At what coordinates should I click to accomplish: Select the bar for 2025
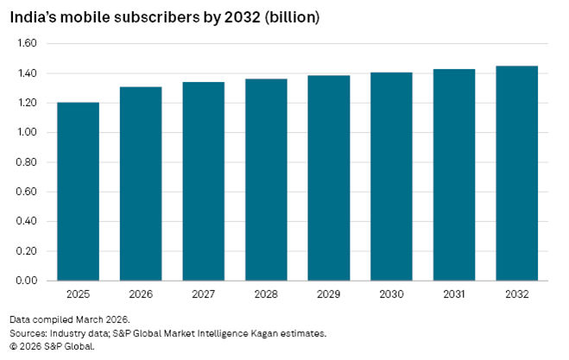pyautogui.click(x=78, y=192)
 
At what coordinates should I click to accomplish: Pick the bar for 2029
pyautogui.click(x=328, y=178)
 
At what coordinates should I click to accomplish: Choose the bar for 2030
pyautogui.click(x=391, y=176)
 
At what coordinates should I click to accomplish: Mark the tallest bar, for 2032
pyautogui.click(x=516, y=174)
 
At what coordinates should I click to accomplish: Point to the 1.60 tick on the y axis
pyautogui.click(x=27, y=43)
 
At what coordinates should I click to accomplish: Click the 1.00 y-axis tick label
pyautogui.click(x=27, y=132)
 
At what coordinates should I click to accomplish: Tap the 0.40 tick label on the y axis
pyautogui.click(x=27, y=221)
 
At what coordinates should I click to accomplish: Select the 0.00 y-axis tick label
pyautogui.click(x=27, y=281)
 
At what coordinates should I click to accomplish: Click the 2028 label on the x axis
pyautogui.click(x=267, y=294)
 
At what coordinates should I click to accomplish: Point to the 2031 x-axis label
pyautogui.click(x=453, y=294)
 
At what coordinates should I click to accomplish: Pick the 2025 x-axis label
pyautogui.click(x=78, y=294)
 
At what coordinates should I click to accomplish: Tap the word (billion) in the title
pyautogui.click(x=293, y=16)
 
